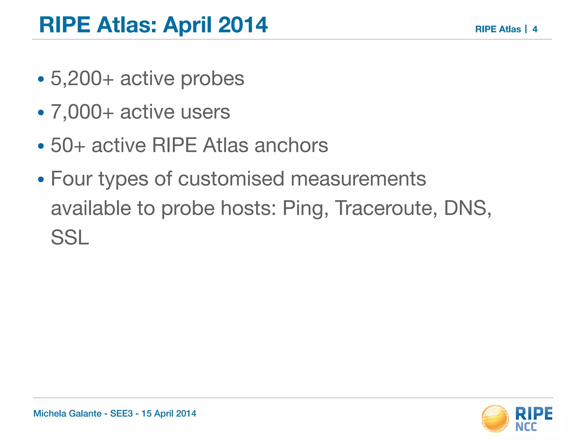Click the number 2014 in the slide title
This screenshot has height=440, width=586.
click(243, 25)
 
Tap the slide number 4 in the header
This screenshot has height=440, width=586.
click(535, 29)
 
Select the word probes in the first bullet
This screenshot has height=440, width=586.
click(213, 78)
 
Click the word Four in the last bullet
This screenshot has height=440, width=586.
click(72, 179)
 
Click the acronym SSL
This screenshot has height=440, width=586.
click(70, 237)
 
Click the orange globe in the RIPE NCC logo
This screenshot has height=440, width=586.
click(495, 419)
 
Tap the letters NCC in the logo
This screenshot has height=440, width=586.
click(526, 427)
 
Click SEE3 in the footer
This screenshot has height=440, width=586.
click(122, 413)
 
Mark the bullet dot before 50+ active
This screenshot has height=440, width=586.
click(41, 146)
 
